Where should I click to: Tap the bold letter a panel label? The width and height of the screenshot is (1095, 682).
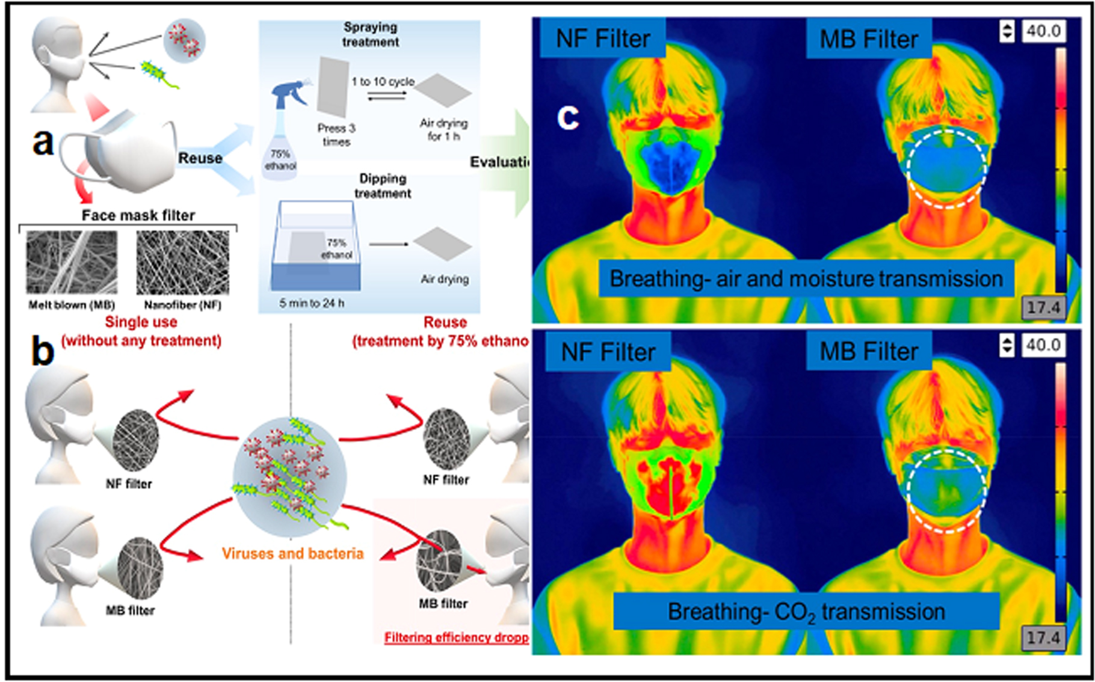pos(43,143)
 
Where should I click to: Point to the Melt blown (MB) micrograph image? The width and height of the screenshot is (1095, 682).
pos(72,263)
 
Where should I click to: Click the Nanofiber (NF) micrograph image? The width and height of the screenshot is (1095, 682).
pos(182,263)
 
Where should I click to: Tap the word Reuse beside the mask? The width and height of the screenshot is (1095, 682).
pos(200,158)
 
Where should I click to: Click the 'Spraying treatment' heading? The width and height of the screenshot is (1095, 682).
pos(371,35)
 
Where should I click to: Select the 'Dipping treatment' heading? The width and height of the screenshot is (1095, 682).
pos(383,186)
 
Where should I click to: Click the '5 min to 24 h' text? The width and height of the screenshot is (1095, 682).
pos(312,303)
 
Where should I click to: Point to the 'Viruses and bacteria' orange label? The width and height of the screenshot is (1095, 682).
pos(292,553)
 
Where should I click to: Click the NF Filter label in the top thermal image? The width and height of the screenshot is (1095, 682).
pos(603,38)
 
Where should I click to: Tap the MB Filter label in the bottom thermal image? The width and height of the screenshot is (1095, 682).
pos(869,351)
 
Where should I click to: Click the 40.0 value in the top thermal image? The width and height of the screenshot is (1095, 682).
pos(1043,31)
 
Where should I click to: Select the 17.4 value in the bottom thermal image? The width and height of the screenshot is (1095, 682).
pos(1043,637)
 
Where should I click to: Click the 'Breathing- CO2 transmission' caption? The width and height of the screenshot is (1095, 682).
pos(806,612)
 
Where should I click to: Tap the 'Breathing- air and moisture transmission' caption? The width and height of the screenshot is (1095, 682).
pos(806,278)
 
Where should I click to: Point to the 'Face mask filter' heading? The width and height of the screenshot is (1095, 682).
pos(138,215)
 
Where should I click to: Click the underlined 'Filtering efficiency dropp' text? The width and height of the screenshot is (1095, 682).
pos(456,637)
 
